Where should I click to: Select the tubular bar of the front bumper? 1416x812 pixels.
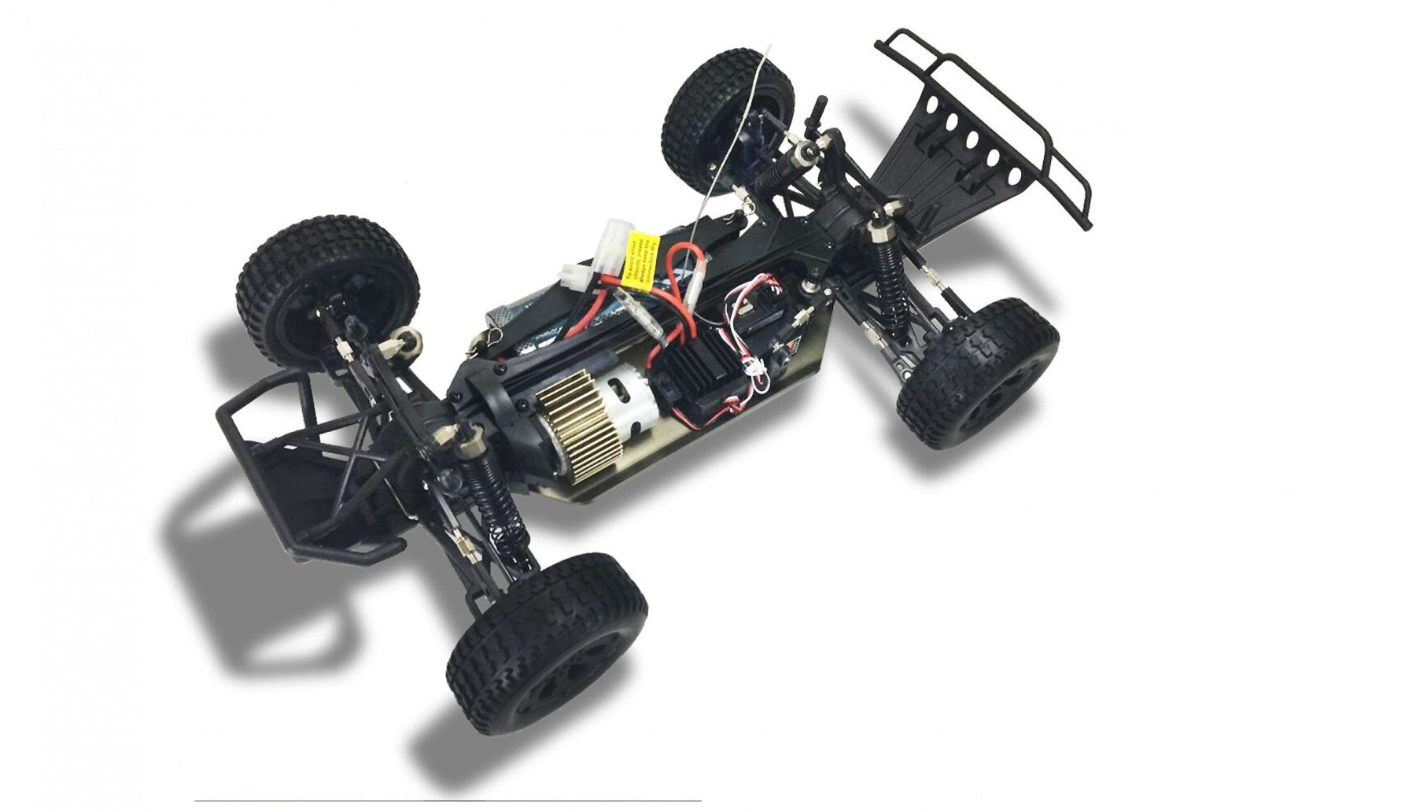pos(991,118)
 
